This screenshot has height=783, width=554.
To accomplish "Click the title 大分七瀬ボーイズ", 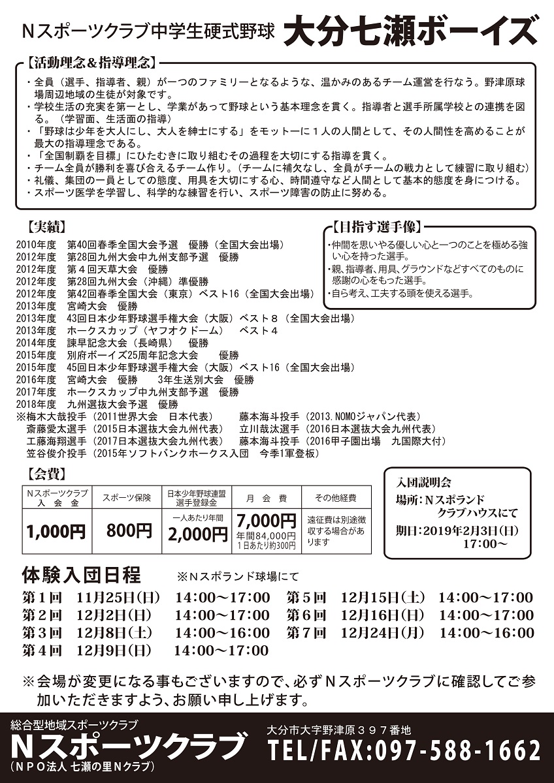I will [x=411, y=30].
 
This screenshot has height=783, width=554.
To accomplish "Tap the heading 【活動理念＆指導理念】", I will [x=91, y=63].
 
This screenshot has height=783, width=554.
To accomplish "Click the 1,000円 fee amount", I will [x=56, y=531].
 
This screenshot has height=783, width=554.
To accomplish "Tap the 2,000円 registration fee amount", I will [x=197, y=534].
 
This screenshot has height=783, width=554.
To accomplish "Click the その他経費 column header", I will [x=335, y=498].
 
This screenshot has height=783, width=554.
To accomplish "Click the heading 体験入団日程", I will [x=80, y=576].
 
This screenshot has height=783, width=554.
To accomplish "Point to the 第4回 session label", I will [x=41, y=650].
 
